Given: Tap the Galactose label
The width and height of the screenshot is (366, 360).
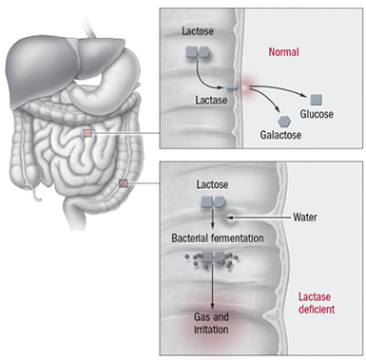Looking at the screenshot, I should (282, 136).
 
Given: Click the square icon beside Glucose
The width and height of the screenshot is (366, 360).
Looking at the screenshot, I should (318, 98).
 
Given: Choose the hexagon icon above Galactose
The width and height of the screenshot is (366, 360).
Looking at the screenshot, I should (282, 119).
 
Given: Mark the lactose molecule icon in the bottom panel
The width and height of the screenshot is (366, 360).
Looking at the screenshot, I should (212, 202).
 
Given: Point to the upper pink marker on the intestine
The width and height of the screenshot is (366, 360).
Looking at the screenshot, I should (87, 134).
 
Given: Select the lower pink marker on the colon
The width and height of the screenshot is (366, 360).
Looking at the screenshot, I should (123, 182).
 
